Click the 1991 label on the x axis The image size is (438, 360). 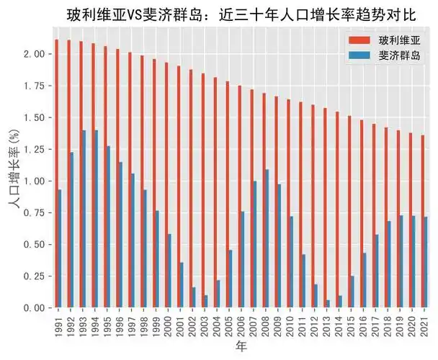58,325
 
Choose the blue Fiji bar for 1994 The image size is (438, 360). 96,219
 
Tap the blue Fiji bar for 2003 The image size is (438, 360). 205,301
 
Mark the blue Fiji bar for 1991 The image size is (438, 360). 59,248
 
